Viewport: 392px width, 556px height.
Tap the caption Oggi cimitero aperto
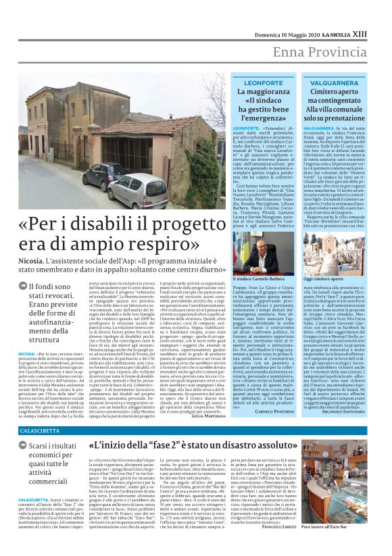pos(325,278)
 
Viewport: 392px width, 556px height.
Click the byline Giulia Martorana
pos(205,398)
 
